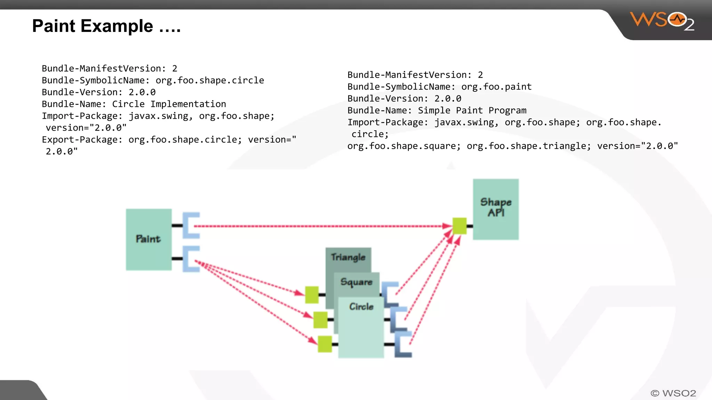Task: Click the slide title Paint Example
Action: coord(106,26)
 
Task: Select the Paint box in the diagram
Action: coord(148,239)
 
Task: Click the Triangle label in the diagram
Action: coord(348,257)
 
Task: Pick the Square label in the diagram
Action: coord(356,282)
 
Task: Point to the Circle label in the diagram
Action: coord(361,307)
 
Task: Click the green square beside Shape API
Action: coord(459,226)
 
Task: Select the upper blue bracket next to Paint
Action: coord(191,225)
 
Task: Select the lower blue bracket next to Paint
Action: coord(191,259)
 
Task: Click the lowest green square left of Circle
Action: coord(325,344)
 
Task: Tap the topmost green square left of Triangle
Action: coord(312,295)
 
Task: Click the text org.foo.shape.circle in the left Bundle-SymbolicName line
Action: coord(210,81)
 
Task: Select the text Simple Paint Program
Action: coord(472,110)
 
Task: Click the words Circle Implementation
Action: coord(169,104)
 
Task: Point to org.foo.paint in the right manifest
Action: coord(496,87)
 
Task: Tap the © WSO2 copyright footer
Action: coord(673,393)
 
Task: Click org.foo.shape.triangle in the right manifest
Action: coord(528,146)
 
